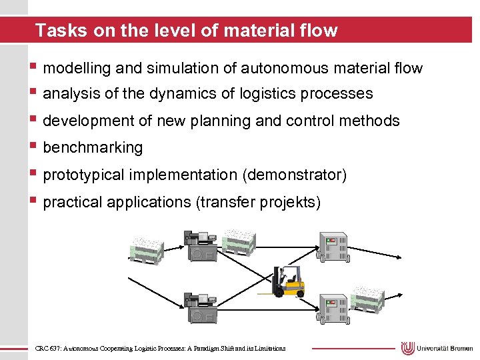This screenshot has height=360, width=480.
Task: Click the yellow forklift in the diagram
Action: click(x=288, y=283)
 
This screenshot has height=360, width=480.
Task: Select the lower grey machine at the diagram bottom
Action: click(x=199, y=308)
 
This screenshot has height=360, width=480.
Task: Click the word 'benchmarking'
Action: click(x=93, y=147)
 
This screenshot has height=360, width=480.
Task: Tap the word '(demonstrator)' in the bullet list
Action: click(x=295, y=175)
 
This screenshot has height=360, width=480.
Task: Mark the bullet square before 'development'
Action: click(x=33, y=120)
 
